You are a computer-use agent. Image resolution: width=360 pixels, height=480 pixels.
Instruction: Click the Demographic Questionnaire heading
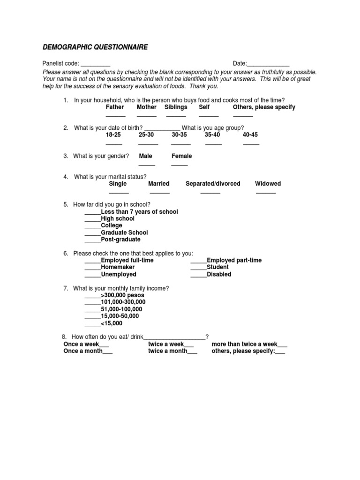(x=95, y=47)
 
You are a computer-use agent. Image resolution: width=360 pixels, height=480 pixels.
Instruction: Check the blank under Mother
(x=147, y=115)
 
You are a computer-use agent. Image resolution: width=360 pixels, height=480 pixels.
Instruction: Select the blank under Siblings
(x=176, y=115)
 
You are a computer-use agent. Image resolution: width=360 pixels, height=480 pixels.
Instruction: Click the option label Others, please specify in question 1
(x=264, y=107)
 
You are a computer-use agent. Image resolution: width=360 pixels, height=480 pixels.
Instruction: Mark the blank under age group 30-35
(x=181, y=143)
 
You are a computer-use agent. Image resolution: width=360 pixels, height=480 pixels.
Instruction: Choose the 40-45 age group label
(x=250, y=135)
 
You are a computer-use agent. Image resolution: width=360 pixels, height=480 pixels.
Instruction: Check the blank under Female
(x=180, y=165)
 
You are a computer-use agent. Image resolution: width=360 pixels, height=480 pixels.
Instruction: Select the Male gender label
(x=146, y=156)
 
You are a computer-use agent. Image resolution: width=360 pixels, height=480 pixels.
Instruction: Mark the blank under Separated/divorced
(x=210, y=192)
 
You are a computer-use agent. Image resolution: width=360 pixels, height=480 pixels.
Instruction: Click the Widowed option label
(x=268, y=184)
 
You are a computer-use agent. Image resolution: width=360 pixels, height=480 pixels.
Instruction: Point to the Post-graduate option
(x=120, y=240)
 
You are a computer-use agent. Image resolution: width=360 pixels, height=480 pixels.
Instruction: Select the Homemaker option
(x=118, y=267)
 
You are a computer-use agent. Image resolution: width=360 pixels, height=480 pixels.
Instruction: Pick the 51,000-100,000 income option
(x=121, y=309)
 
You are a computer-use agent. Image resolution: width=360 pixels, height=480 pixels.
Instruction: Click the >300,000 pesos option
(x=123, y=296)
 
